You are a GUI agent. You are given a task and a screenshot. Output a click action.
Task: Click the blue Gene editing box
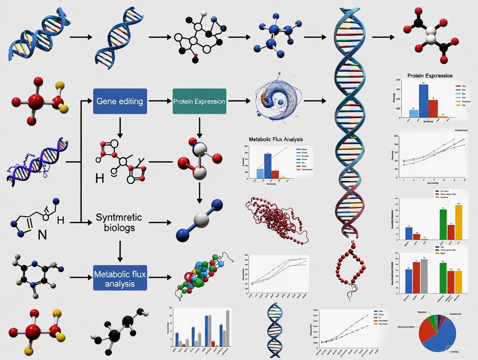coord(120,101)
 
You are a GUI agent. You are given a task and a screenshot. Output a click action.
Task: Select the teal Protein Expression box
coord(199,101)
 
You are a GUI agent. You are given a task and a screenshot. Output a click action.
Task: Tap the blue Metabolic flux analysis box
coord(120,279)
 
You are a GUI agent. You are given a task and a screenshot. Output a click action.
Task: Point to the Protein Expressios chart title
coord(430,76)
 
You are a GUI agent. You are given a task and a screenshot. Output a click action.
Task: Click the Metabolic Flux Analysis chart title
coord(276,139)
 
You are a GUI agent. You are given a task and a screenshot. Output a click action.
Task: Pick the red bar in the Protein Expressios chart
coord(433,108)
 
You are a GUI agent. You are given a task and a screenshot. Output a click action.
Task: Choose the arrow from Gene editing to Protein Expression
coord(160,101)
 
